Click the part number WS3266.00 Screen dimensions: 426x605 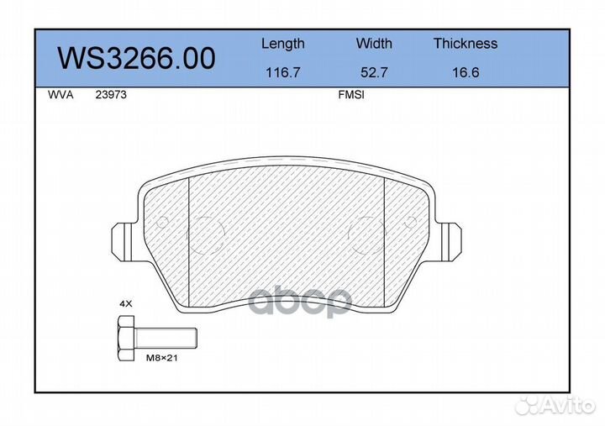tap(135, 58)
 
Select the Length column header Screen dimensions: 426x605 tap(282, 44)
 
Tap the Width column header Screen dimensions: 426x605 tap(374, 44)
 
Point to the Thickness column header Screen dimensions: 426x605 tap(465, 44)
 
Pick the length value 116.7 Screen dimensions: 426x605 tap(282, 73)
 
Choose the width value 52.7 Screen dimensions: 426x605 tap(374, 73)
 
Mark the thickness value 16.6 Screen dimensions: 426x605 tap(465, 73)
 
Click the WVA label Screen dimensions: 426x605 tap(61, 95)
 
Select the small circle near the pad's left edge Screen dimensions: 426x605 tap(163, 223)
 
